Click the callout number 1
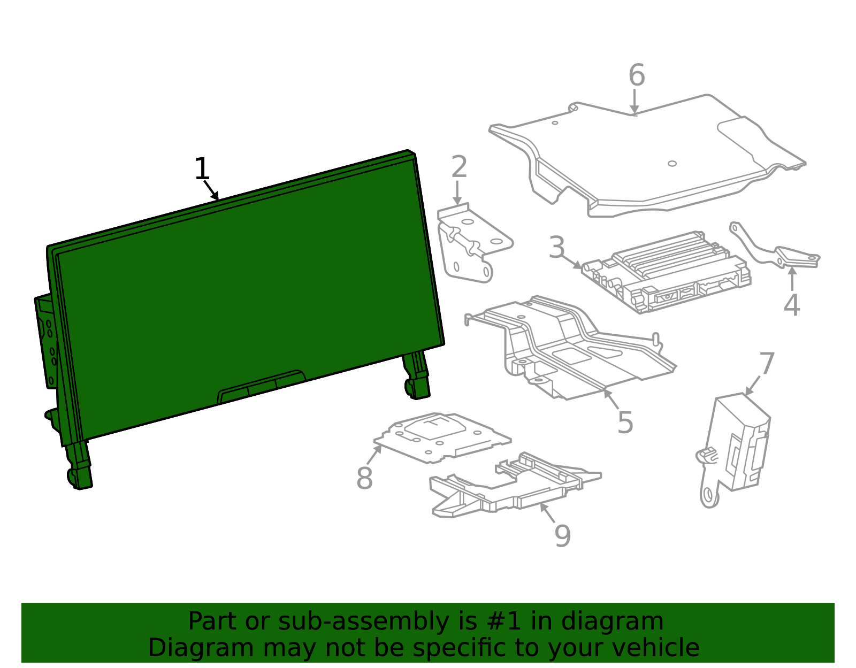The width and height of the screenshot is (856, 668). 202,169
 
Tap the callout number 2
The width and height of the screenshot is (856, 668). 460,167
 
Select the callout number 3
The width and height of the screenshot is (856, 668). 557,247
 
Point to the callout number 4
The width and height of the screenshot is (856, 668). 792,305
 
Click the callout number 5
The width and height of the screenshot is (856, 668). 625,423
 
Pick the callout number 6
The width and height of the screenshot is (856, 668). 637,75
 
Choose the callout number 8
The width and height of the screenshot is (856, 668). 364,478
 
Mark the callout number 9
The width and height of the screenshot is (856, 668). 562,536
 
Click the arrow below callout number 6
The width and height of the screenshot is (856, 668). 634,102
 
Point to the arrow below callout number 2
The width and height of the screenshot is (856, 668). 457,193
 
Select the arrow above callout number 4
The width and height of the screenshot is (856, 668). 792,278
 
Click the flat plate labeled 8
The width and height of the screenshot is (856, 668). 442,437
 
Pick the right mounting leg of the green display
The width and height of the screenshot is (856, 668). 416,375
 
